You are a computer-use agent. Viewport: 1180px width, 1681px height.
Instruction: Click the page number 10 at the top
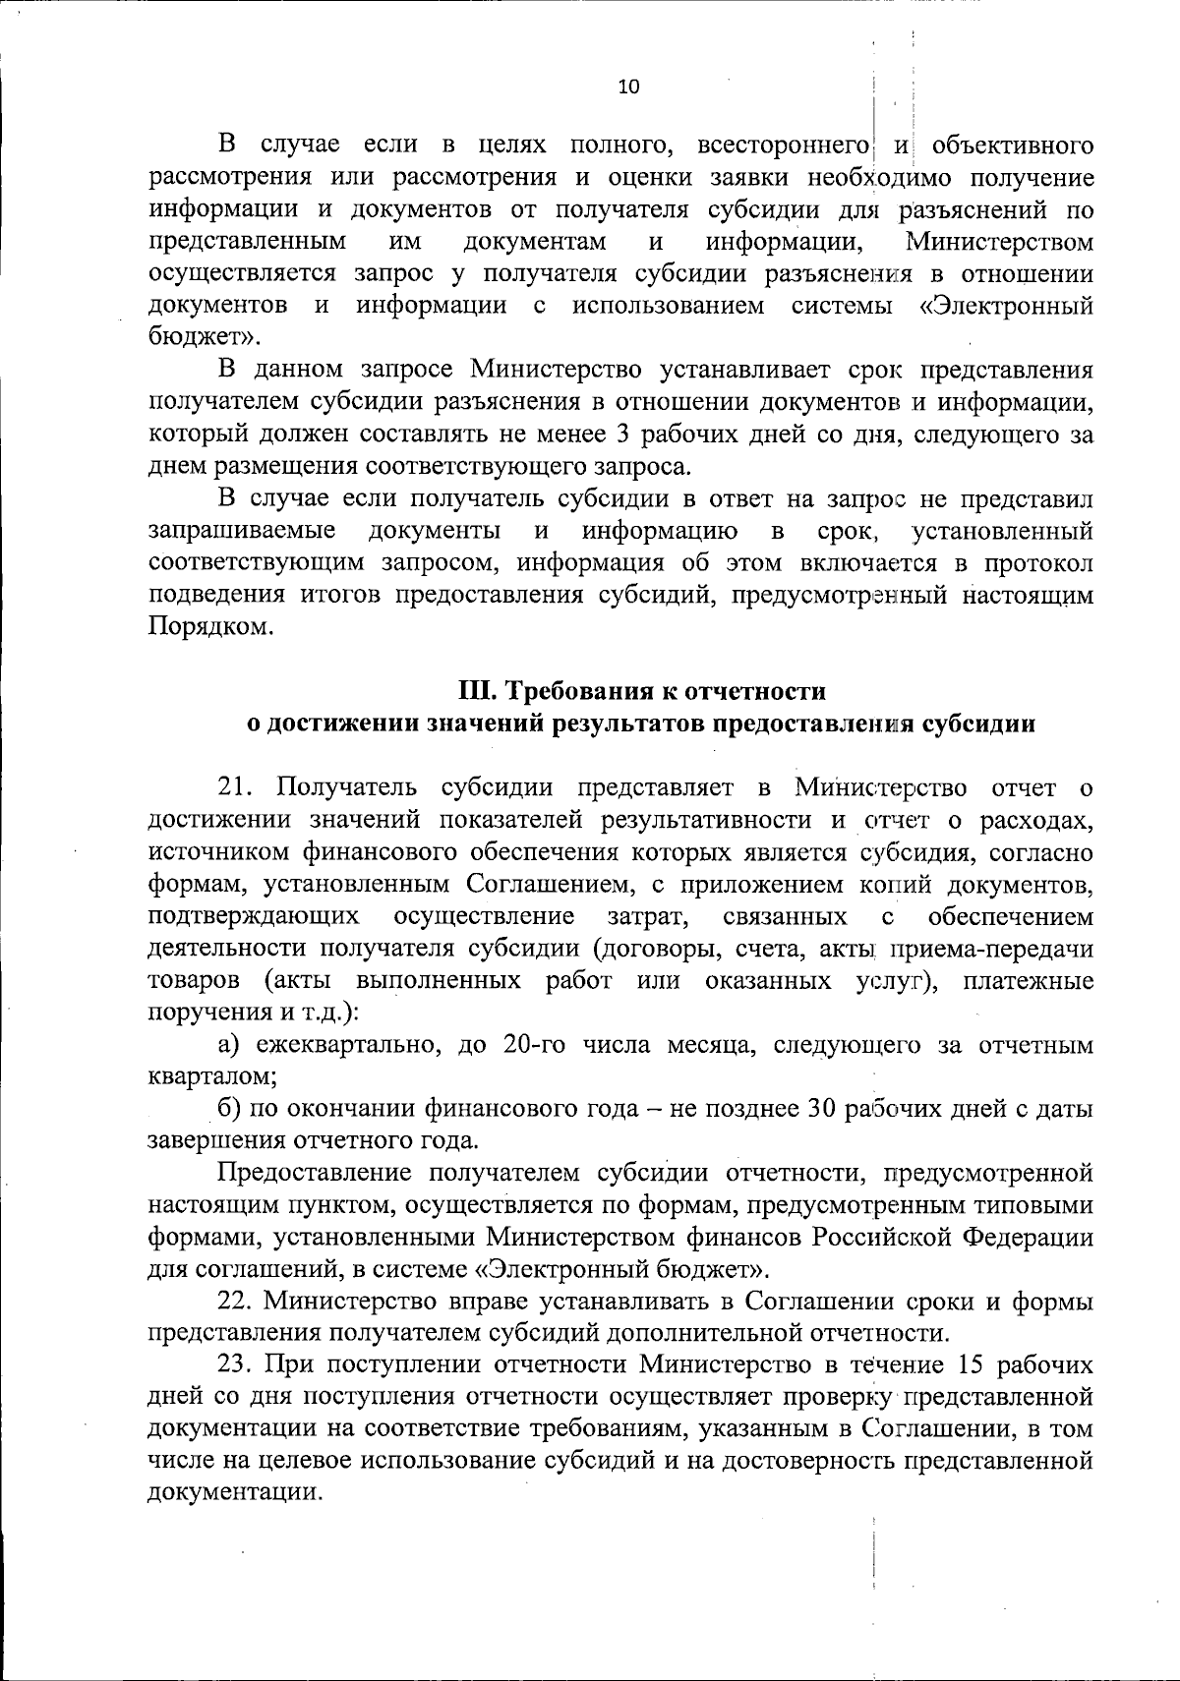628,87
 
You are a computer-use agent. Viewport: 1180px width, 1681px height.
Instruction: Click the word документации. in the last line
235,1493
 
